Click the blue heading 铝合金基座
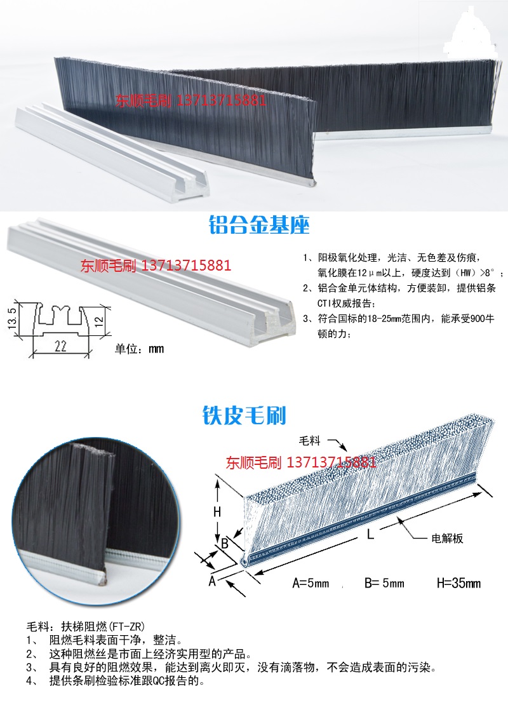click(259, 224)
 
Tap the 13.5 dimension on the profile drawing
click(13, 317)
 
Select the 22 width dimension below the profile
click(61, 346)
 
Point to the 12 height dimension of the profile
click(99, 321)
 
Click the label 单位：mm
click(139, 349)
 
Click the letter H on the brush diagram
click(218, 512)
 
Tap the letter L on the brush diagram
click(370, 534)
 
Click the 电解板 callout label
click(447, 538)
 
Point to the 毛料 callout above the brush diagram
click(310, 441)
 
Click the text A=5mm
click(311, 583)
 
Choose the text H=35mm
click(458, 583)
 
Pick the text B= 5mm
click(384, 583)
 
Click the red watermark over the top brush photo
click(190, 100)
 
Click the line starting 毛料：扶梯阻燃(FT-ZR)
click(86, 626)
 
